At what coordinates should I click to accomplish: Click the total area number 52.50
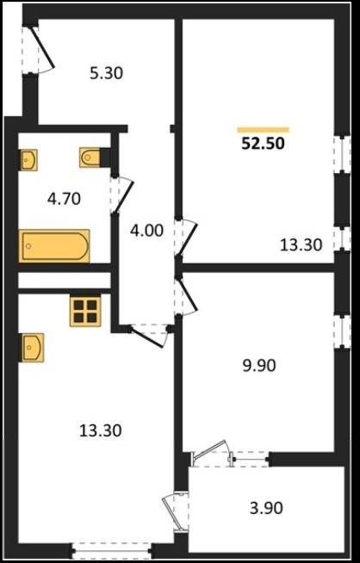click(x=263, y=144)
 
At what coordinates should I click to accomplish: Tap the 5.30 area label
click(x=106, y=73)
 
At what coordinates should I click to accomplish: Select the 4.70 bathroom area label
click(x=64, y=198)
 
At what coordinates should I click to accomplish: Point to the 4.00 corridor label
click(x=146, y=230)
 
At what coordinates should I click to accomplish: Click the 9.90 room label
click(x=258, y=366)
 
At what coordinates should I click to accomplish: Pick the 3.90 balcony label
click(x=266, y=508)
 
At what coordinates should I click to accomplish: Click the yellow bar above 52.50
click(x=263, y=130)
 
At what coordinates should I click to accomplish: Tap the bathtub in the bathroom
click(x=54, y=246)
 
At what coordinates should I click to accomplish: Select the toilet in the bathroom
click(x=91, y=158)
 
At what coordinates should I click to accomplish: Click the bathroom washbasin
click(x=28, y=160)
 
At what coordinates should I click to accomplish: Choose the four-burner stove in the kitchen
click(x=85, y=311)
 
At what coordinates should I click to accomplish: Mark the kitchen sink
click(x=32, y=348)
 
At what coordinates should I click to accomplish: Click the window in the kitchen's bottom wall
click(x=112, y=549)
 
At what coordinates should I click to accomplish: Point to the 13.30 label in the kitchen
click(x=101, y=430)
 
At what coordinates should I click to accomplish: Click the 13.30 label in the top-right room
click(x=301, y=245)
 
